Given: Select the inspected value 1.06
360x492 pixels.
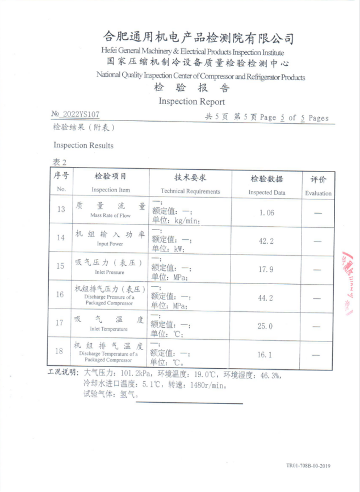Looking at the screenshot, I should [x=266, y=212].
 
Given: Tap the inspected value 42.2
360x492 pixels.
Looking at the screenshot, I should [x=266, y=241].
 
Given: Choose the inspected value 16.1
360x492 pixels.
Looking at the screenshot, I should [x=266, y=355].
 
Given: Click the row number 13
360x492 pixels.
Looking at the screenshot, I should [x=61, y=210].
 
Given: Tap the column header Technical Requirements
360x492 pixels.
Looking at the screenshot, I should [x=190, y=191].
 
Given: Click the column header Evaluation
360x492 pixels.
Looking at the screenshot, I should [x=318, y=193].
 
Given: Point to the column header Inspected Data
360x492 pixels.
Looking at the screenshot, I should [x=267, y=192].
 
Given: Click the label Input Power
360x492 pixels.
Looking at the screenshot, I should [x=110, y=244].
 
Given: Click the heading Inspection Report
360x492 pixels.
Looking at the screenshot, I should [x=192, y=102].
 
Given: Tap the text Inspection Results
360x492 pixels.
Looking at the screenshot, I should [x=83, y=145].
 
